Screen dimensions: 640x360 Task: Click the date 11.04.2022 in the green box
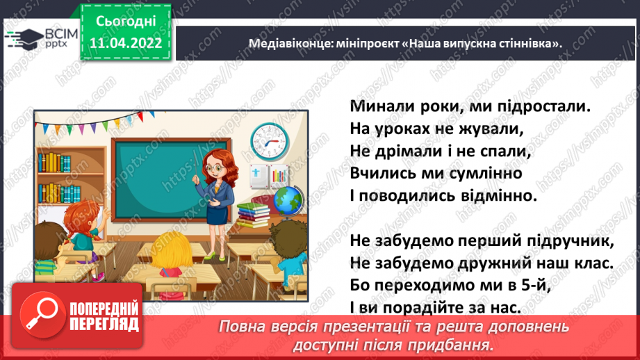click(x=126, y=43)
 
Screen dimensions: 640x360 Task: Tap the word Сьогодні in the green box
click(x=126, y=22)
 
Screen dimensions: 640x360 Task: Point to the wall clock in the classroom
click(x=270, y=142)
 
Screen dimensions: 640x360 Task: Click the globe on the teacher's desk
click(x=288, y=202)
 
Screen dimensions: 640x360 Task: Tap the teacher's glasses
click(x=214, y=167)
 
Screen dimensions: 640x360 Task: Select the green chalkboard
click(x=171, y=179)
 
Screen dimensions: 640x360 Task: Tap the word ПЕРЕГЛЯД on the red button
click(x=104, y=325)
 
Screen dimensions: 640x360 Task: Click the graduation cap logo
click(x=25, y=39)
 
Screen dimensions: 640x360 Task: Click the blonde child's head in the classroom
click(x=171, y=249)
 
